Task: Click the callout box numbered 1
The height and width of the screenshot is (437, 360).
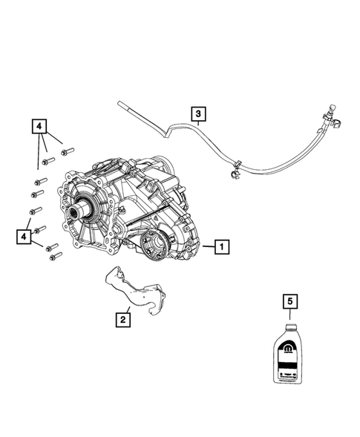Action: [222, 246]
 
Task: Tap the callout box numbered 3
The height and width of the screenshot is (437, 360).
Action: [197, 114]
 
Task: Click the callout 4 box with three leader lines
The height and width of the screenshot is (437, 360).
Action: [38, 127]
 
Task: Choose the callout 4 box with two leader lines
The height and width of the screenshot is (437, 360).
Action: [25, 237]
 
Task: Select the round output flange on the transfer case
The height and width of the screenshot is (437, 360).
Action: [155, 244]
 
